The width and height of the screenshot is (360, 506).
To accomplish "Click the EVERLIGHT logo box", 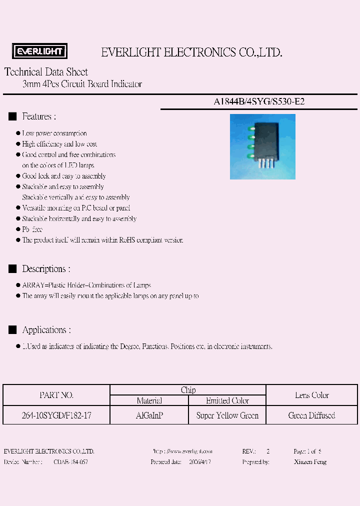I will pyautogui.click(x=40, y=51).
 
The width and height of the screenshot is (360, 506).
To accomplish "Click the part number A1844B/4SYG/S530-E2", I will pyautogui.click(x=259, y=101).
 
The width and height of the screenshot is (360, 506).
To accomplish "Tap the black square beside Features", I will pyautogui.click(x=12, y=116).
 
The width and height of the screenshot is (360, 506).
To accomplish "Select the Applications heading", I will pyautogui.click(x=46, y=330).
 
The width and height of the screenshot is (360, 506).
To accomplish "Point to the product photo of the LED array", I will pyautogui.click(x=262, y=146).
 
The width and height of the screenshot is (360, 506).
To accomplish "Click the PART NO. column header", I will pyautogui.click(x=56, y=395).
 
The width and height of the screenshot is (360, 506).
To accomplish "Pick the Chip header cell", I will pyautogui.click(x=188, y=390).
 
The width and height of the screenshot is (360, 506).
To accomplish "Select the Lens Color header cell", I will pyautogui.click(x=312, y=395).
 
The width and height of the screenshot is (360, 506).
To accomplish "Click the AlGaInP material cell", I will pyautogui.click(x=149, y=415).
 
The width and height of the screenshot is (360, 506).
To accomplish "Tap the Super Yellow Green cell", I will pyautogui.click(x=227, y=415).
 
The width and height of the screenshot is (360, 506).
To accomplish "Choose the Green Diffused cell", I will pyautogui.click(x=312, y=415).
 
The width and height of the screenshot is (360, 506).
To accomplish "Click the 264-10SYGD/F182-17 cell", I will pyautogui.click(x=56, y=415).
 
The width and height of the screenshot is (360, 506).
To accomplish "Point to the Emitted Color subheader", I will pyautogui.click(x=227, y=400).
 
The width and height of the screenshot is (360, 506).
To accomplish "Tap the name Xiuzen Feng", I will pyautogui.click(x=310, y=461).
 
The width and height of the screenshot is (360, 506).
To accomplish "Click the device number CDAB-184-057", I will pyautogui.click(x=70, y=461).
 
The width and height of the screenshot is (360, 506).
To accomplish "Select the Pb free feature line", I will pyautogui.click(x=32, y=229).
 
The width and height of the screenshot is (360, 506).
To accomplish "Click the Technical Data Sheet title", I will pyautogui.click(x=46, y=72).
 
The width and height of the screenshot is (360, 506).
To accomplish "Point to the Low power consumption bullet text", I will pyautogui.click(x=54, y=133).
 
